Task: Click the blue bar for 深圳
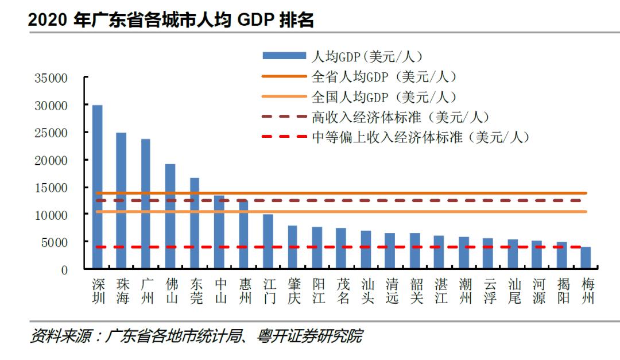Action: [98, 187]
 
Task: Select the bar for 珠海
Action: [121, 201]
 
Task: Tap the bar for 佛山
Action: [170, 216]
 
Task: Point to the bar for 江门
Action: [268, 242]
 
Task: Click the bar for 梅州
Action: [586, 258]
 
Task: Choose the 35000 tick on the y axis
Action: [51, 78]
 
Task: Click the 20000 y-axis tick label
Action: [51, 160]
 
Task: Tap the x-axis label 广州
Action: [146, 291]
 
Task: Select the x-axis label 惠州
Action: [243, 291]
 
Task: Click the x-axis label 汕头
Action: [366, 291]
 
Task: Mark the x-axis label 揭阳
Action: [562, 291]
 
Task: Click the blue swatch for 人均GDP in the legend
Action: [284, 56]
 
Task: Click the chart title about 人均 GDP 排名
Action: [171, 20]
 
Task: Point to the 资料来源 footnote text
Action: [196, 336]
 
